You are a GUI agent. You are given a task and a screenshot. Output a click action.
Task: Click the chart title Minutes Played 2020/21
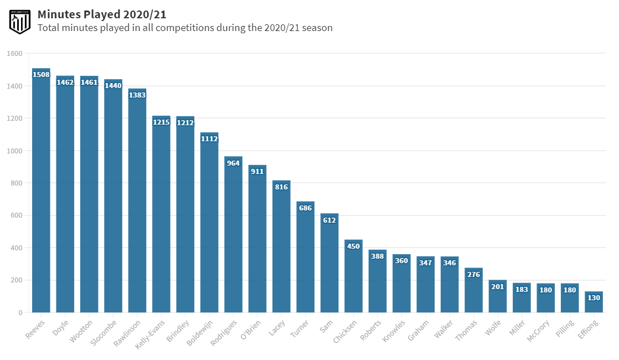pos(102,14)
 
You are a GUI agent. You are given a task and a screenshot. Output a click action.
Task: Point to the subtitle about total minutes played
pos(185,28)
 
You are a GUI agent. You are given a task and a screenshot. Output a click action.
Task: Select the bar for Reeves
pos(41,194)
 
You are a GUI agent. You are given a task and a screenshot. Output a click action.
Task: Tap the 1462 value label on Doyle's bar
pos(65,83)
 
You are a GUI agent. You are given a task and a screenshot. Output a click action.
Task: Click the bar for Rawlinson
pos(137,205)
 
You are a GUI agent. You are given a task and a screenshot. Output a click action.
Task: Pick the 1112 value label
pos(209,139)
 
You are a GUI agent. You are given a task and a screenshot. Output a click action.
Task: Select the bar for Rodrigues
pos(233,238)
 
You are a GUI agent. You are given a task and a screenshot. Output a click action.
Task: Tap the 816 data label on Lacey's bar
pos(281,187)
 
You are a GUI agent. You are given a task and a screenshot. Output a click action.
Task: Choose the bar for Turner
pos(305,260)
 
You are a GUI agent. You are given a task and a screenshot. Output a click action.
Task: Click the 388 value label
pos(377,256)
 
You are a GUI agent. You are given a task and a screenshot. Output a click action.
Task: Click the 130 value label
pos(594,298)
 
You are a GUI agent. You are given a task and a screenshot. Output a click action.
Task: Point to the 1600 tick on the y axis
pos(14,54)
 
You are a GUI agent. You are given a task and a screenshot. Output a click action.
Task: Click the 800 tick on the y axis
pos(16,183)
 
